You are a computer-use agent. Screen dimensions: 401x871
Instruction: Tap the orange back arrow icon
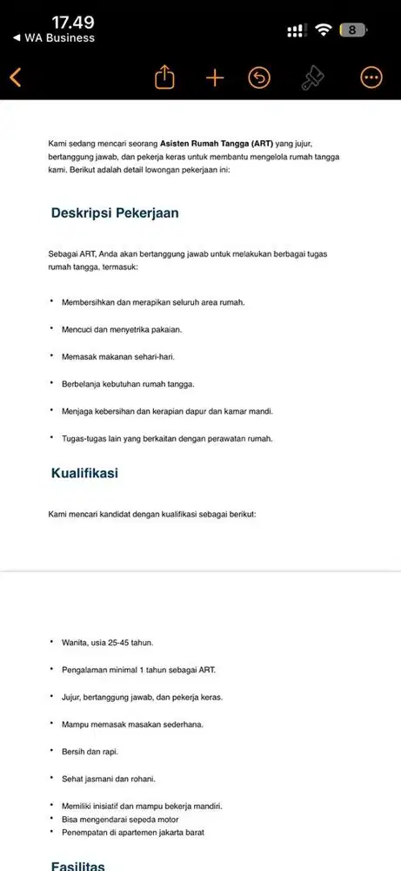point(15,78)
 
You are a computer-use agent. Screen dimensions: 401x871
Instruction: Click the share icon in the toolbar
point(164,78)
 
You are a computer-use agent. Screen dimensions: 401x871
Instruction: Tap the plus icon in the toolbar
point(215,78)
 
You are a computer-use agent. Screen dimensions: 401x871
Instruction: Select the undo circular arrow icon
point(259,78)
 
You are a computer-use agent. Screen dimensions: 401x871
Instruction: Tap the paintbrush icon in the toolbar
point(311,78)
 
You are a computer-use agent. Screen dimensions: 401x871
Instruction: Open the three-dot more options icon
point(371,78)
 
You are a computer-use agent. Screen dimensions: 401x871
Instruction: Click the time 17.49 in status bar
point(73,22)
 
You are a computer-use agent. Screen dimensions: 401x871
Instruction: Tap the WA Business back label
point(54,38)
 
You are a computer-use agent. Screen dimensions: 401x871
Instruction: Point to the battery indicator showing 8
point(352,30)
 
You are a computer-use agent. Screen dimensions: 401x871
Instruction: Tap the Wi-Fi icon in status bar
point(323,30)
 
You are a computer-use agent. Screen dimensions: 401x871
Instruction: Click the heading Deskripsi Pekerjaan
point(115,213)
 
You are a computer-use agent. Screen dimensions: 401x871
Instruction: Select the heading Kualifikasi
point(84,473)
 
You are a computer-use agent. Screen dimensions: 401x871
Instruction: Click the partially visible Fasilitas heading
point(78,866)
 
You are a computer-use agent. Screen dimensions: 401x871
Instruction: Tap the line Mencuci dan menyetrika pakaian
point(121,329)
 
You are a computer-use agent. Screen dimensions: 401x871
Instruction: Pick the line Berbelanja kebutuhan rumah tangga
point(128,383)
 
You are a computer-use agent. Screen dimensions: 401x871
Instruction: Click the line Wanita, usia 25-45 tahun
point(107,642)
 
